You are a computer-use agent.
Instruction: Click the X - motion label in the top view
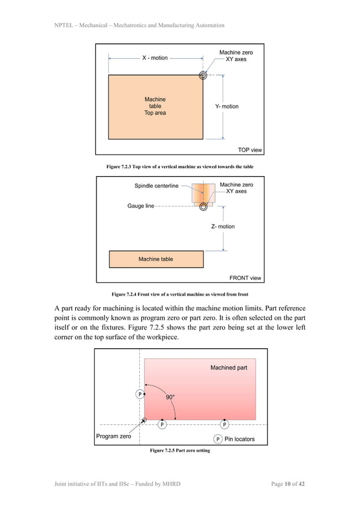155,58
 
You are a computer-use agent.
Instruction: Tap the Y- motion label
227,106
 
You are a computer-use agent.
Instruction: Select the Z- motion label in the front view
223,226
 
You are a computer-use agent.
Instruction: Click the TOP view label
250,150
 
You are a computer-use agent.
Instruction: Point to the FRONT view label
245,278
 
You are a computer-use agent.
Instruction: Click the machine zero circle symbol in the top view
203,75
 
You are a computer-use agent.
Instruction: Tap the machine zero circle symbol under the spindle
203,207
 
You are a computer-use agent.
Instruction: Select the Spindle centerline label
156,186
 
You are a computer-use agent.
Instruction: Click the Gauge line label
141,206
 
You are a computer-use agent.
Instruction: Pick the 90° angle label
170,397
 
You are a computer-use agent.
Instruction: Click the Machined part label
229,367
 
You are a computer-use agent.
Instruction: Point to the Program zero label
113,436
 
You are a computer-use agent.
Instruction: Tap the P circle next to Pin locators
218,439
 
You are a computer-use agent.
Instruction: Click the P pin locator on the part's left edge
139,394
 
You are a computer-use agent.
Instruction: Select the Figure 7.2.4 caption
180,295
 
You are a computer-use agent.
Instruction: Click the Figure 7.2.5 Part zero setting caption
180,450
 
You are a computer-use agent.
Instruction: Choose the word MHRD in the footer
169,484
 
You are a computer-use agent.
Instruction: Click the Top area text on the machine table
155,113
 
